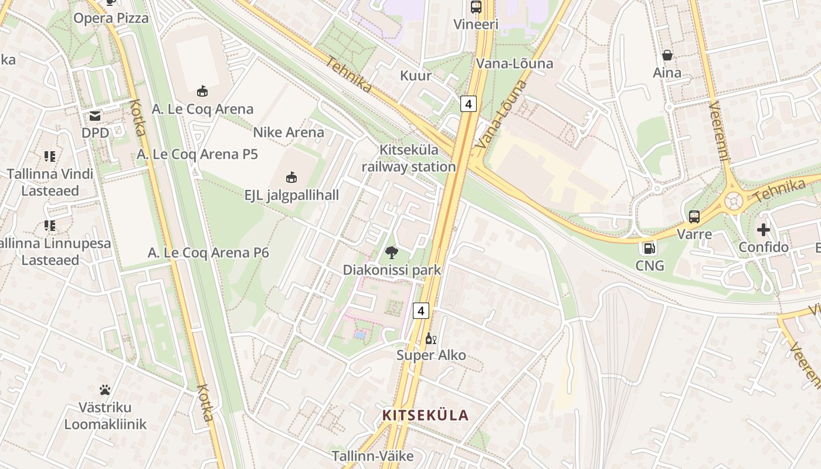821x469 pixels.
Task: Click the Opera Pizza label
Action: [111, 18]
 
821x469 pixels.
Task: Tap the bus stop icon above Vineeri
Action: [476, 7]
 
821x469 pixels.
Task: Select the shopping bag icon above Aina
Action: [667, 55]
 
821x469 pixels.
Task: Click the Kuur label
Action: [416, 76]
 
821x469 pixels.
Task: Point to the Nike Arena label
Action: [288, 132]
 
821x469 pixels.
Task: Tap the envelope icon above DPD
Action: [95, 116]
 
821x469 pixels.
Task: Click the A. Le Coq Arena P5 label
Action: [197, 155]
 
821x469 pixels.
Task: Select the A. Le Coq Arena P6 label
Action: [208, 253]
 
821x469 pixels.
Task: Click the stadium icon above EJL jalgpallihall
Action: [291, 177]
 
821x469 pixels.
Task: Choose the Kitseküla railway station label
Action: [409, 158]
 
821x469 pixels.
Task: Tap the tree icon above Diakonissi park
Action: [391, 253]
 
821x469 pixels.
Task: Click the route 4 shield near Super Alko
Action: [420, 310]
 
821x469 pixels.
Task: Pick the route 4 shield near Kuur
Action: [467, 104]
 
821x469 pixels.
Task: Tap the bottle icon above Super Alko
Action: [430, 338]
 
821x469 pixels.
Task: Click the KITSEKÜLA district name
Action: [425, 416]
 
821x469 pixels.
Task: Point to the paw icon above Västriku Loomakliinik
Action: [105, 390]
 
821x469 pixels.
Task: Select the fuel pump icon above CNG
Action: [649, 248]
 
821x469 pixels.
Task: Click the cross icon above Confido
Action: [763, 230]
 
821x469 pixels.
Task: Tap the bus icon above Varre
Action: [694, 217]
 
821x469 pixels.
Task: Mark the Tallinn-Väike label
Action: [372, 456]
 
